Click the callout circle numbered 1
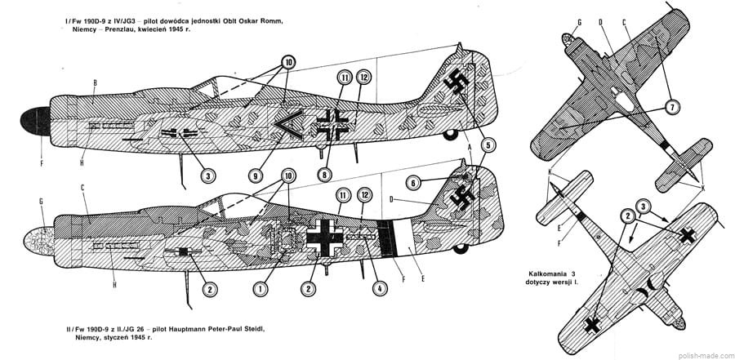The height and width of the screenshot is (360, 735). tap(261, 288)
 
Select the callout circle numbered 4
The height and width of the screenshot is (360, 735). tap(378, 288)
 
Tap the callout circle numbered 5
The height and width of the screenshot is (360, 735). tap(488, 145)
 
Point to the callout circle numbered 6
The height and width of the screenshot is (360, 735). tap(414, 183)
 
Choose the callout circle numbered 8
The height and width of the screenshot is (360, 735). tap(327, 174)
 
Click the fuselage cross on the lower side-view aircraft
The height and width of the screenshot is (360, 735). tap(328, 235)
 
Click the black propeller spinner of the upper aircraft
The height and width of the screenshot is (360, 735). tap(33, 122)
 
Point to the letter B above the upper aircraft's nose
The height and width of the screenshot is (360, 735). tap(96, 83)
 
